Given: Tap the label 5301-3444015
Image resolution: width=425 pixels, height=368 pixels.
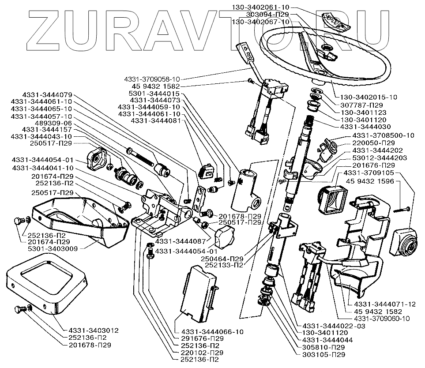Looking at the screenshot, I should click(154, 94).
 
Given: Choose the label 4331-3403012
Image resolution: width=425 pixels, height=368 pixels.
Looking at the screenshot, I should click(94, 330).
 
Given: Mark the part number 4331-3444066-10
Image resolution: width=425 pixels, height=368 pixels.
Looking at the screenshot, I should click(210, 331).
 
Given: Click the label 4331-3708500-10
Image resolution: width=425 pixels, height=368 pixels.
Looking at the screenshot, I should click(384, 135).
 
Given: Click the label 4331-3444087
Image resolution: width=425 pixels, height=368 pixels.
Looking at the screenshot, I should click(175, 241).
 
